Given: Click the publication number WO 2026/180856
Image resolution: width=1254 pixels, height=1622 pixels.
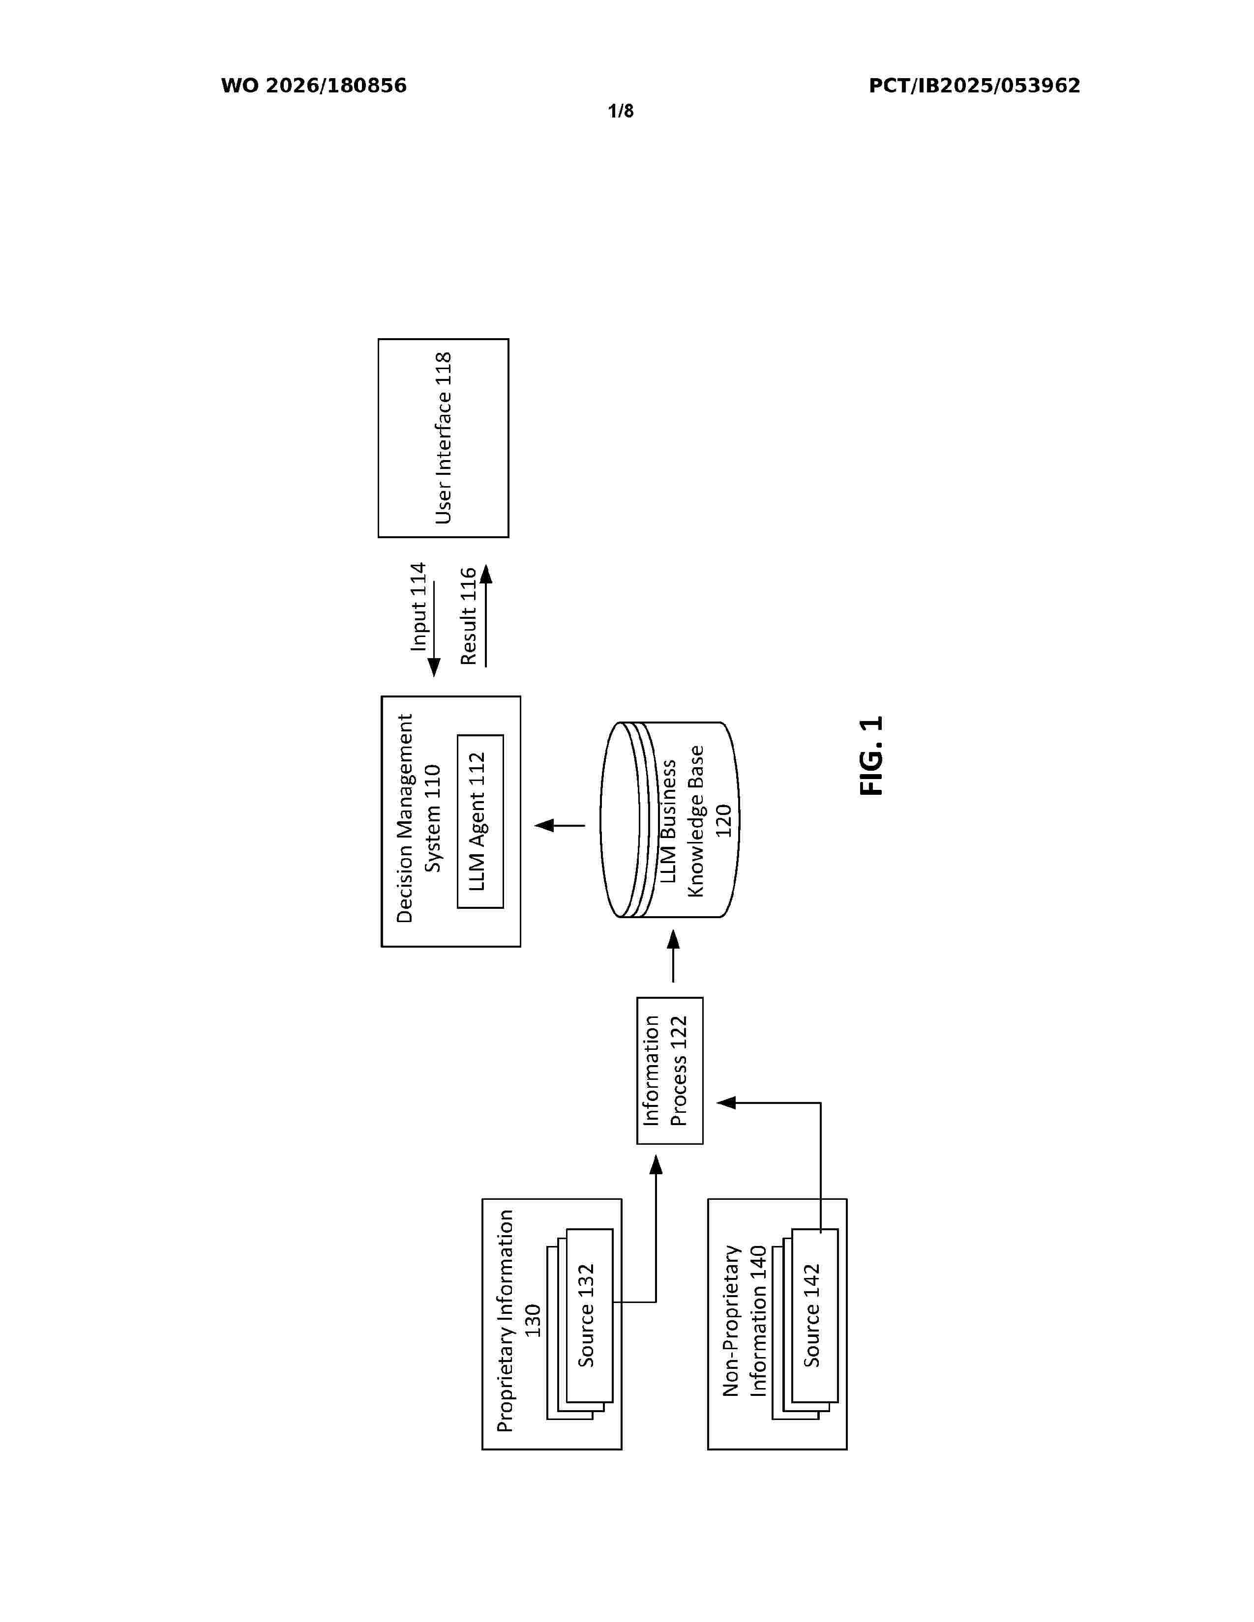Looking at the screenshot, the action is (314, 86).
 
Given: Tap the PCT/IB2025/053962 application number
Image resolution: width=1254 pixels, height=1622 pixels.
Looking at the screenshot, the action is (974, 86).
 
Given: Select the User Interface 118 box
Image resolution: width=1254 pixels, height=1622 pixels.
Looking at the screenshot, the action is (444, 438).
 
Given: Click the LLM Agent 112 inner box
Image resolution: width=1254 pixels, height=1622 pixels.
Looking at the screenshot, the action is (480, 821).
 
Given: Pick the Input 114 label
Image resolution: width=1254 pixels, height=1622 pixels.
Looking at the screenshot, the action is (419, 607).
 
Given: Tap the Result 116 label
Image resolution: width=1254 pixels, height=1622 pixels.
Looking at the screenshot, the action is (468, 616).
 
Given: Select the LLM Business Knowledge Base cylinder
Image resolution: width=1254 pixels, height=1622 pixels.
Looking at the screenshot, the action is (669, 820).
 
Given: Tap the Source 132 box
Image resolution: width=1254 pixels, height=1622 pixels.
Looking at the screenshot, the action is (589, 1314).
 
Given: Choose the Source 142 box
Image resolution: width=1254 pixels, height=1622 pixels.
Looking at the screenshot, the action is (814, 1314).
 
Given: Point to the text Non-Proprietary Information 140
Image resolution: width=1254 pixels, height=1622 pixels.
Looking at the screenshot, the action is (745, 1321).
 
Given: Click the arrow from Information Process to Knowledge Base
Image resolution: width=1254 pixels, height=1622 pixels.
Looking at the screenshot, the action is (673, 956).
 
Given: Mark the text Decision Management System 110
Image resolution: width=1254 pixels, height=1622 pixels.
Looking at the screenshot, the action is (419, 818).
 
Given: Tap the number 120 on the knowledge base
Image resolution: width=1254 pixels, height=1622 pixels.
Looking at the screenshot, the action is (723, 821).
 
